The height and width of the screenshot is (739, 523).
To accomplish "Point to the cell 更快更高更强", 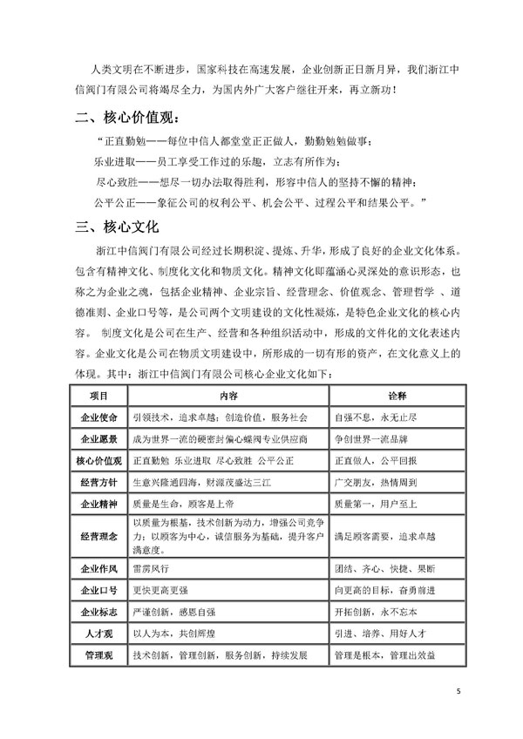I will [158, 591].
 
